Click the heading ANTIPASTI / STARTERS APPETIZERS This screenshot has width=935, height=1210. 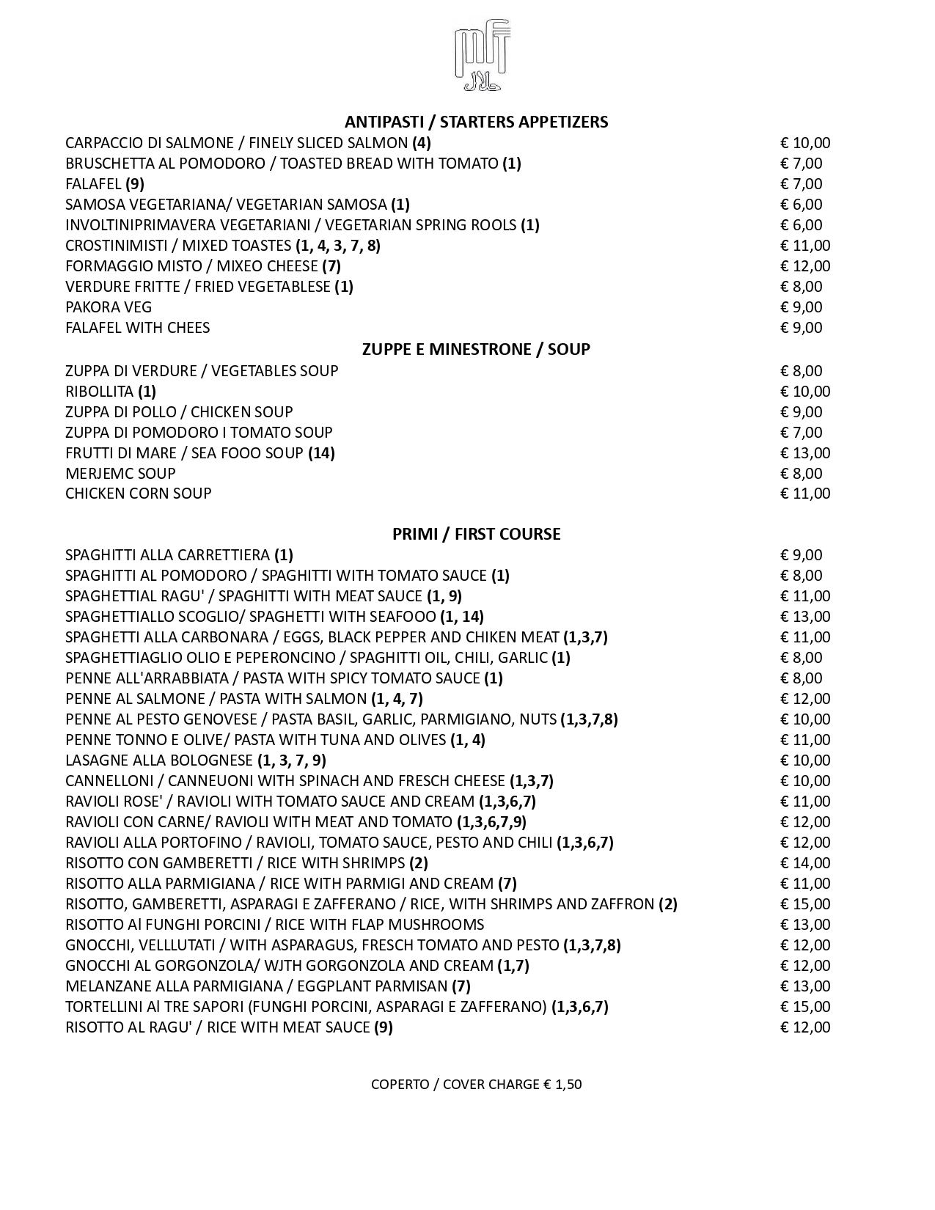pyautogui.click(x=476, y=122)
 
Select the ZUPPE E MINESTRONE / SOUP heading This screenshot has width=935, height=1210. pyautogui.click(x=476, y=349)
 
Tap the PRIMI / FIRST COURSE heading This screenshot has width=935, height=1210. pyautogui.click(x=476, y=534)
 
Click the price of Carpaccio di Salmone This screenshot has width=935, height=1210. pyautogui.click(x=804, y=143)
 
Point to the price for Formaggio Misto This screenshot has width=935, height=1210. pyautogui.click(x=804, y=266)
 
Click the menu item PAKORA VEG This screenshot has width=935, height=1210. pyautogui.click(x=109, y=307)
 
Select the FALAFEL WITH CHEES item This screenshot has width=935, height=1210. pyautogui.click(x=137, y=328)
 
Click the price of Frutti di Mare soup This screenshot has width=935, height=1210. pyautogui.click(x=804, y=453)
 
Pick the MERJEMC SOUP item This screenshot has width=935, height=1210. pyautogui.click(x=120, y=474)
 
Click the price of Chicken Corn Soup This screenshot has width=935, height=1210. pyautogui.click(x=804, y=494)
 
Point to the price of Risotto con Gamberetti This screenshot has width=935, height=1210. pyautogui.click(x=804, y=863)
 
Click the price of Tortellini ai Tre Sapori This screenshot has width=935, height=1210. pyautogui.click(x=804, y=1007)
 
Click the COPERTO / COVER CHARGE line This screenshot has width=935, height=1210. pyautogui.click(x=476, y=1084)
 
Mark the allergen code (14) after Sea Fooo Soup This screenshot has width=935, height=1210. pyautogui.click(x=321, y=453)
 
